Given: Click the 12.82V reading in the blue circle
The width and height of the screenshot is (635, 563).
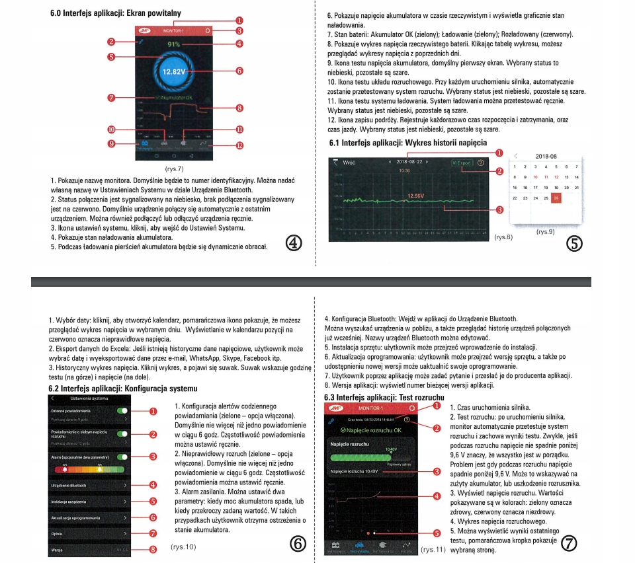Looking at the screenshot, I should pyautogui.click(x=173, y=71).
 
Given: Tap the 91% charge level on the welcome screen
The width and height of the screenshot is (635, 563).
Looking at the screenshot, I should pyautogui.click(x=173, y=44).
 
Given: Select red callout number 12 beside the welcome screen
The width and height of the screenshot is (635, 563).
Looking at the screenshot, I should pyautogui.click(x=239, y=145).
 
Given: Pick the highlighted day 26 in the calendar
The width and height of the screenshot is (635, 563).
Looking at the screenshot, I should pyautogui.click(x=556, y=198).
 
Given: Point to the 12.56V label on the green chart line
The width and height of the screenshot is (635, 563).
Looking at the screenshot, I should pyautogui.click(x=415, y=196).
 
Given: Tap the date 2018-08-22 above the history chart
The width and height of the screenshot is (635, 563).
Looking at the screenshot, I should pyautogui.click(x=410, y=162).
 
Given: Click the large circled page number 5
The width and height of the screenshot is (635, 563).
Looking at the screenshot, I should pyautogui.click(x=574, y=243).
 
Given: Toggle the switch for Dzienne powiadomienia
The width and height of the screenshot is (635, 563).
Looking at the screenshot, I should pyautogui.click(x=122, y=410).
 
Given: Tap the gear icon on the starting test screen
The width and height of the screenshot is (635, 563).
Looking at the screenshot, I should pyautogui.click(x=413, y=408).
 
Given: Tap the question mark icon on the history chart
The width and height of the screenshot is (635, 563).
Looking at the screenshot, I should pyautogui.click(x=480, y=162).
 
